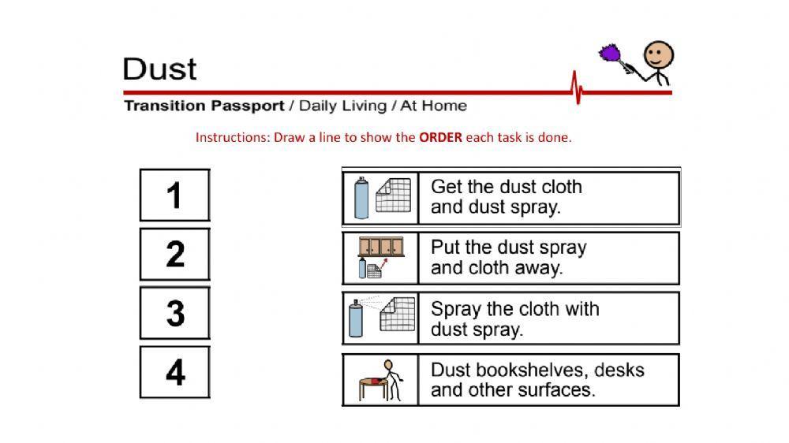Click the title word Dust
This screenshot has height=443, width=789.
(x=159, y=69)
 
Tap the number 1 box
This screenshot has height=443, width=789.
(x=175, y=195)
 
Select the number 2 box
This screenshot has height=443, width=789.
(x=175, y=254)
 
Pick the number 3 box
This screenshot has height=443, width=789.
(x=175, y=313)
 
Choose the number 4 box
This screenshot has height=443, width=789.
(x=175, y=372)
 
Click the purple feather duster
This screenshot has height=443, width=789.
(x=611, y=56)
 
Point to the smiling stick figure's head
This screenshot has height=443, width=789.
(x=658, y=56)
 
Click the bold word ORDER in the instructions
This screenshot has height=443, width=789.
(x=440, y=137)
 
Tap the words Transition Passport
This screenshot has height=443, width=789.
(x=203, y=106)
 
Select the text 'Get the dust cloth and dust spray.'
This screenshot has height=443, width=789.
(x=507, y=197)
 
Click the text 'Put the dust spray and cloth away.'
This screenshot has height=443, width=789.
(x=509, y=258)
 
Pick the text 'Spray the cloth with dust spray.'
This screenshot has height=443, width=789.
(x=514, y=318)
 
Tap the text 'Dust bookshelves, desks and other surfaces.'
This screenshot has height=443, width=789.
(x=537, y=380)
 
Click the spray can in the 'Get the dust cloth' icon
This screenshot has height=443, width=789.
(x=361, y=199)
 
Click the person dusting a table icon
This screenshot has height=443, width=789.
(x=380, y=380)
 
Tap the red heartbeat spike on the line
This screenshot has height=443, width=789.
(x=578, y=88)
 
